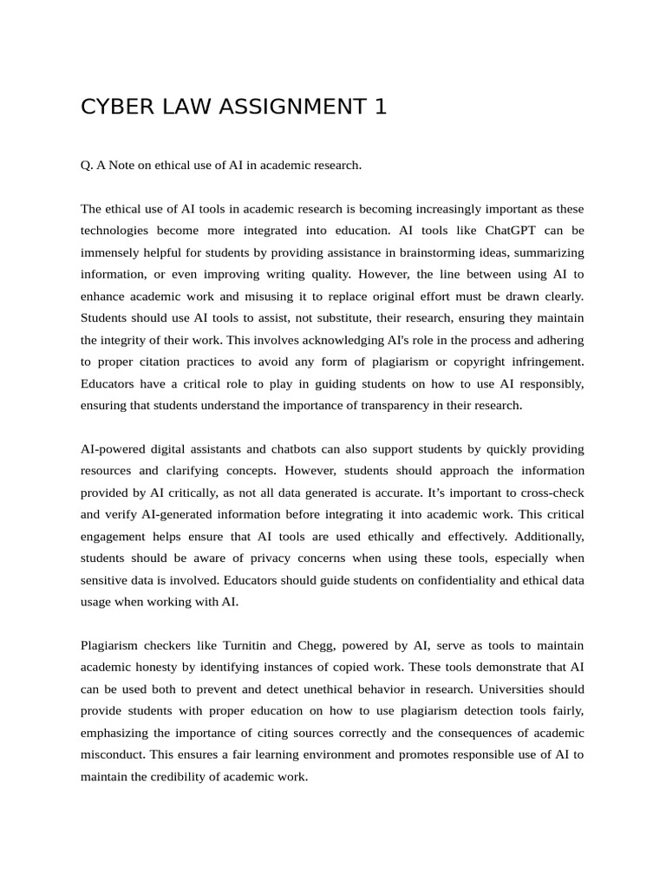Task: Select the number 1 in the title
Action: point(380,107)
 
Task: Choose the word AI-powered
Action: point(116,449)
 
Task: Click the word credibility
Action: point(196,777)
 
